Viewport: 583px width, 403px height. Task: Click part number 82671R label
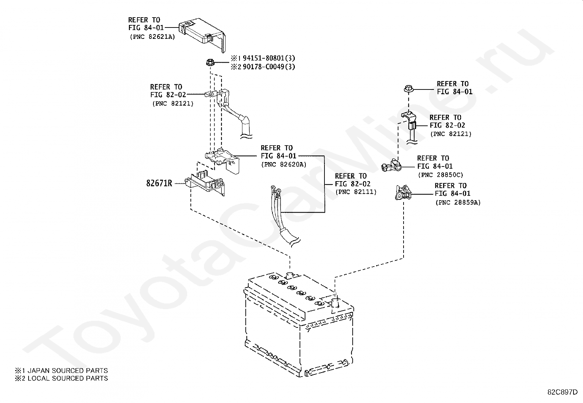(159, 183)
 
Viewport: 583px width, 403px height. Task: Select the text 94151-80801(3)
(269, 58)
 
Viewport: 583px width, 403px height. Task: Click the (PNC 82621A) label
(152, 37)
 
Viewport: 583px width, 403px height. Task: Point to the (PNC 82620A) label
(284, 165)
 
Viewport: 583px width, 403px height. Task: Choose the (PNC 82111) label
(356, 192)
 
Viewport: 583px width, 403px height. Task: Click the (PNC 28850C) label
(441, 175)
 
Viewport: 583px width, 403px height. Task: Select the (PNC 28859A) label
(458, 202)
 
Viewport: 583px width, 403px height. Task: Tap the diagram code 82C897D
(562, 392)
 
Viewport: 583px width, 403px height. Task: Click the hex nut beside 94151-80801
(210, 63)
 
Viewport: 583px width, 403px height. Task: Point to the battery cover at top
(203, 33)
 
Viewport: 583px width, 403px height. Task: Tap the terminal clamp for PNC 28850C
(391, 165)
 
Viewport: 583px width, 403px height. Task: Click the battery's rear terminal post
(290, 276)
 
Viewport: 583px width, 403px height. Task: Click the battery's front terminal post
(335, 303)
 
